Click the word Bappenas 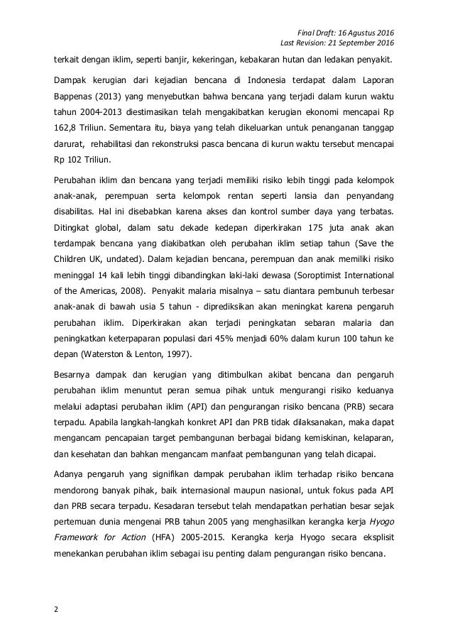(68, 96)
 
